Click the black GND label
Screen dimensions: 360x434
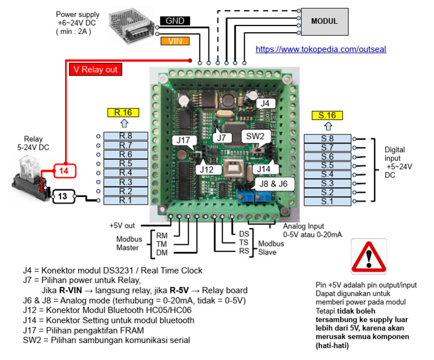pos(175,21)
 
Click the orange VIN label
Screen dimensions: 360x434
pos(175,41)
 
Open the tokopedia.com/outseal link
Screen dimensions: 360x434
pos(320,49)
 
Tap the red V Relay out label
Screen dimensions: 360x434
pos(96,70)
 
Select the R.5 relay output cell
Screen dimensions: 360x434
pos(125,164)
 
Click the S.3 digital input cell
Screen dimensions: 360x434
pos(327,183)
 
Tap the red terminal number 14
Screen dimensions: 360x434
pos(64,170)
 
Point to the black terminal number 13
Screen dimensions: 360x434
pos(64,196)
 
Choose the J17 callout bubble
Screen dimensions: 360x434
pos(183,141)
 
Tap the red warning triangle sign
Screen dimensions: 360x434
pos(368,257)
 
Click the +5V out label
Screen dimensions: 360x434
pos(123,225)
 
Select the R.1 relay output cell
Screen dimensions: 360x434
pos(125,200)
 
